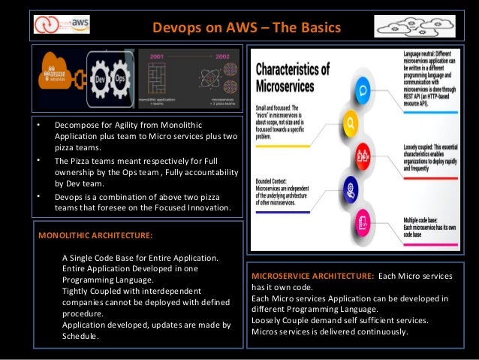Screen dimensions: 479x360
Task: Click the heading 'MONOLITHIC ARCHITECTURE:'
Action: coord(95,234)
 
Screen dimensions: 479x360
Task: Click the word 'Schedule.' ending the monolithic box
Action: coord(80,336)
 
